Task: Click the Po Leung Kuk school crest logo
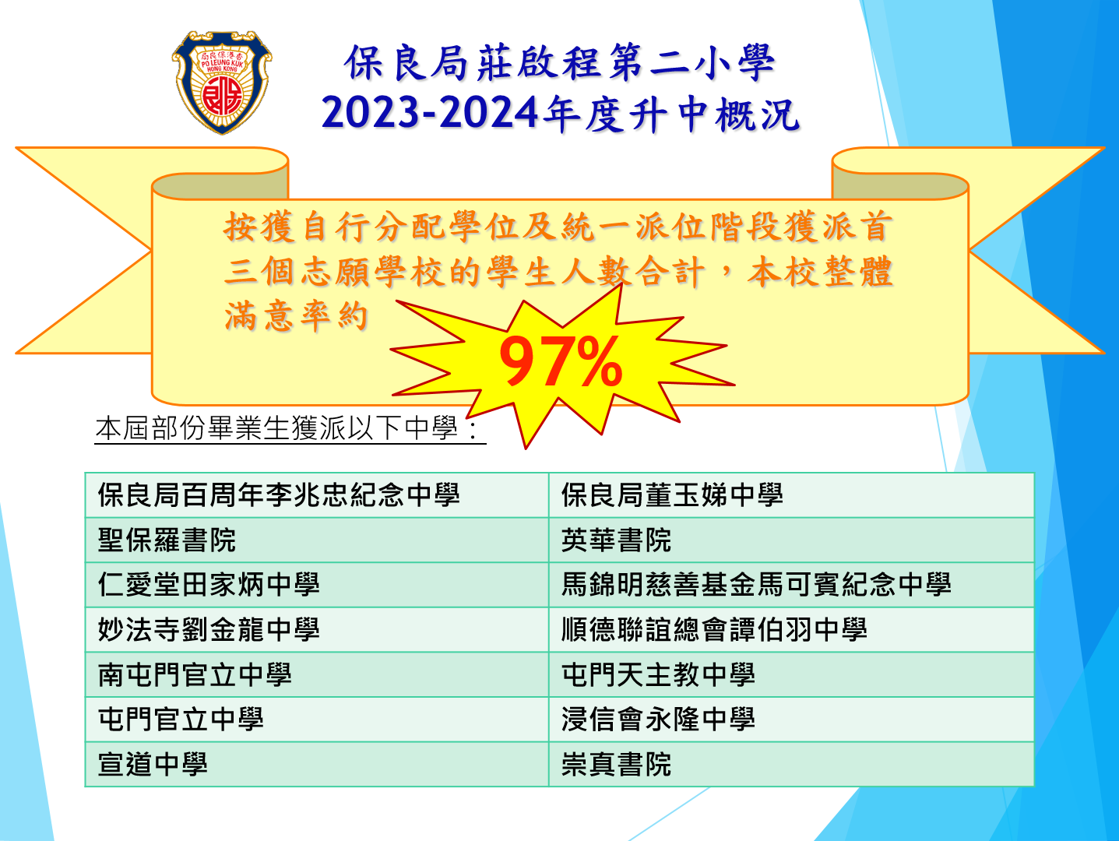pyautogui.click(x=222, y=82)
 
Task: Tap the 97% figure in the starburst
pyautogui.click(x=561, y=362)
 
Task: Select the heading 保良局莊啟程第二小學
pyautogui.click(x=560, y=63)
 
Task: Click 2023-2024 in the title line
pyautogui.click(x=430, y=113)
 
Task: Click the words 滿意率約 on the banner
pyautogui.click(x=296, y=316)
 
